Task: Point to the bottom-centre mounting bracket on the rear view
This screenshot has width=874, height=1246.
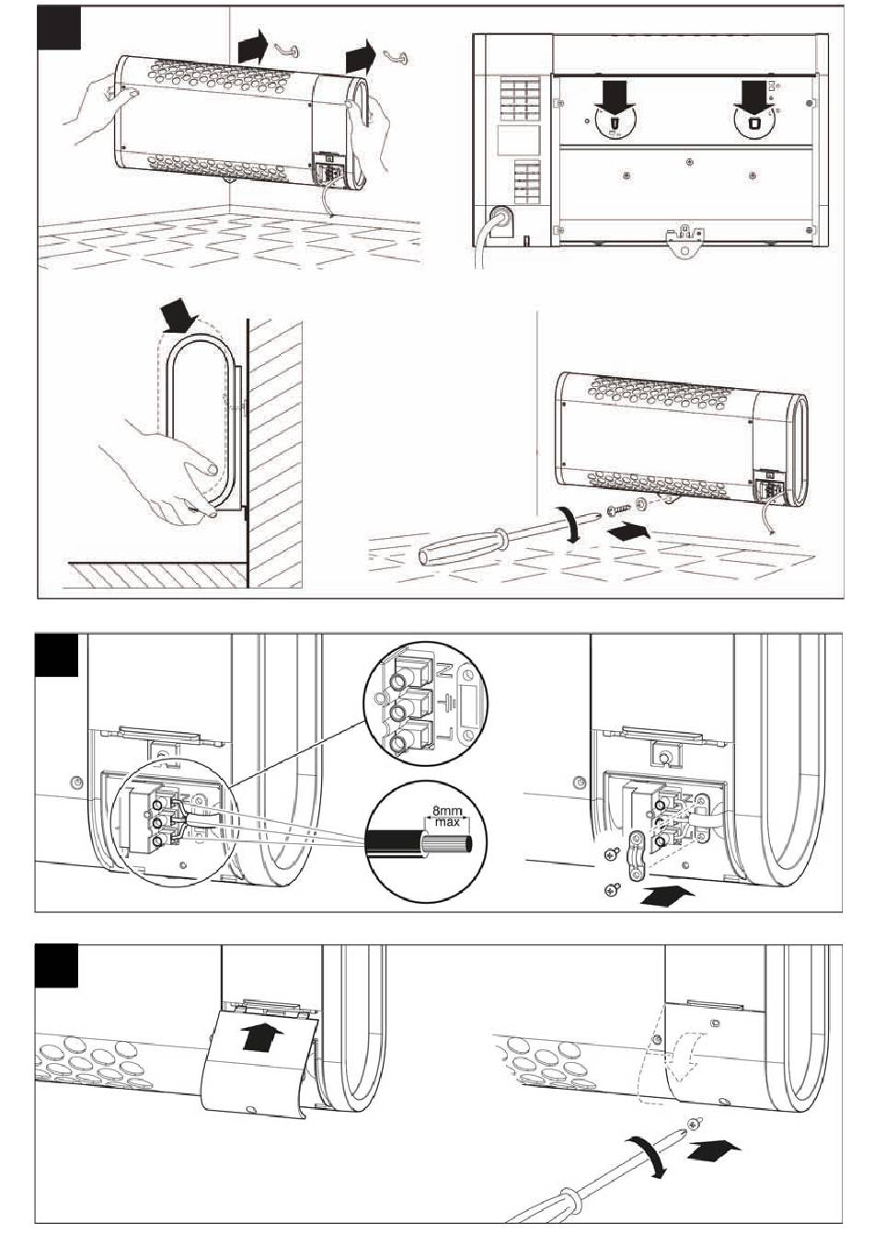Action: (684, 241)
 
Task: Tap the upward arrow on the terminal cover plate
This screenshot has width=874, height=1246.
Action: (260, 1037)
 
